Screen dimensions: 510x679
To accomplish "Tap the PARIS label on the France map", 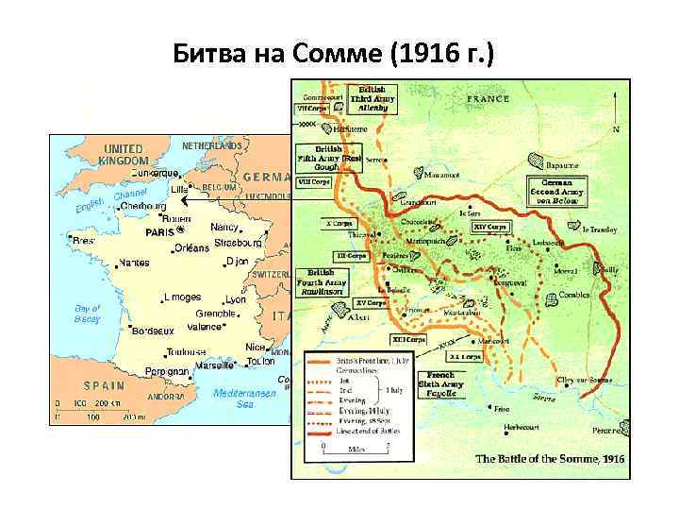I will click(161, 231).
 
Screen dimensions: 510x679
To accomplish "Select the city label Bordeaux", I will click(152, 331).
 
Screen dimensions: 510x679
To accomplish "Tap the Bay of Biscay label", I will click(88, 314).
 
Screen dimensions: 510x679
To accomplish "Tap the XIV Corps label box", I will click(490, 227).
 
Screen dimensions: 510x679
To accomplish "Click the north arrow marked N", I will click(616, 123).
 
